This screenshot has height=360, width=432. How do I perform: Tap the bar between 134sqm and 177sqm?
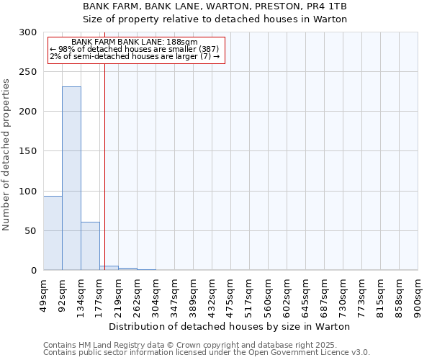click(90, 246)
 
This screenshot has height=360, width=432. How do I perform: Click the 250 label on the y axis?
click(30, 72)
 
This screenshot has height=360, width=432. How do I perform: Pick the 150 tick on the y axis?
click(30, 151)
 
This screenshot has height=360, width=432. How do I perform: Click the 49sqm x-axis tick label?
click(44, 293)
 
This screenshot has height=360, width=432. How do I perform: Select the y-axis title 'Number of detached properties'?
click(7, 155)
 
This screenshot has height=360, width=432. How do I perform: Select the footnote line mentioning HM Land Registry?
click(206, 345)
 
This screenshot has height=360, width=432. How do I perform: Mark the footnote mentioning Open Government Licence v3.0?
click(206, 353)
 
